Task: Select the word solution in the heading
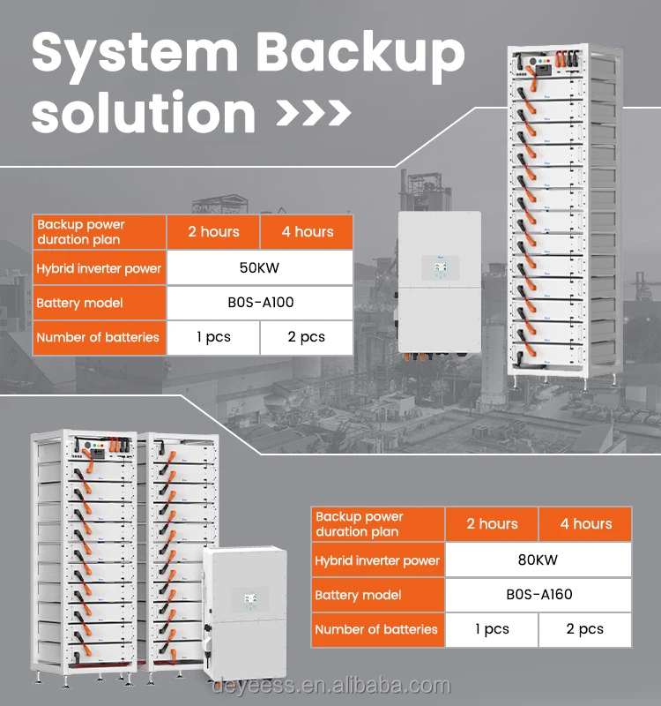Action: pyautogui.click(x=144, y=115)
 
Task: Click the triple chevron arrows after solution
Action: pyautogui.click(x=314, y=115)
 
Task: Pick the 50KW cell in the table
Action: pyautogui.click(x=259, y=267)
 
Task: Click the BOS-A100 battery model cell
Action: pyautogui.click(x=259, y=303)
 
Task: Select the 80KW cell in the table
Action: pyautogui.click(x=538, y=560)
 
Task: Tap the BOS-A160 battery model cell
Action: pyautogui.click(x=538, y=594)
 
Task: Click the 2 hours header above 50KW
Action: pyautogui.click(x=213, y=232)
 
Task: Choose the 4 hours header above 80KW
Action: pyautogui.click(x=585, y=524)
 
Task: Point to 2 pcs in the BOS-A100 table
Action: pyautogui.click(x=306, y=337)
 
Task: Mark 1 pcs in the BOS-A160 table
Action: pyautogui.click(x=491, y=629)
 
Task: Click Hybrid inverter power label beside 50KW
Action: pyautogui.click(x=99, y=267)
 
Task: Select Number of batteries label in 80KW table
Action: pyautogui.click(x=377, y=629)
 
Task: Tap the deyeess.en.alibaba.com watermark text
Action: pyautogui.click(x=330, y=687)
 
